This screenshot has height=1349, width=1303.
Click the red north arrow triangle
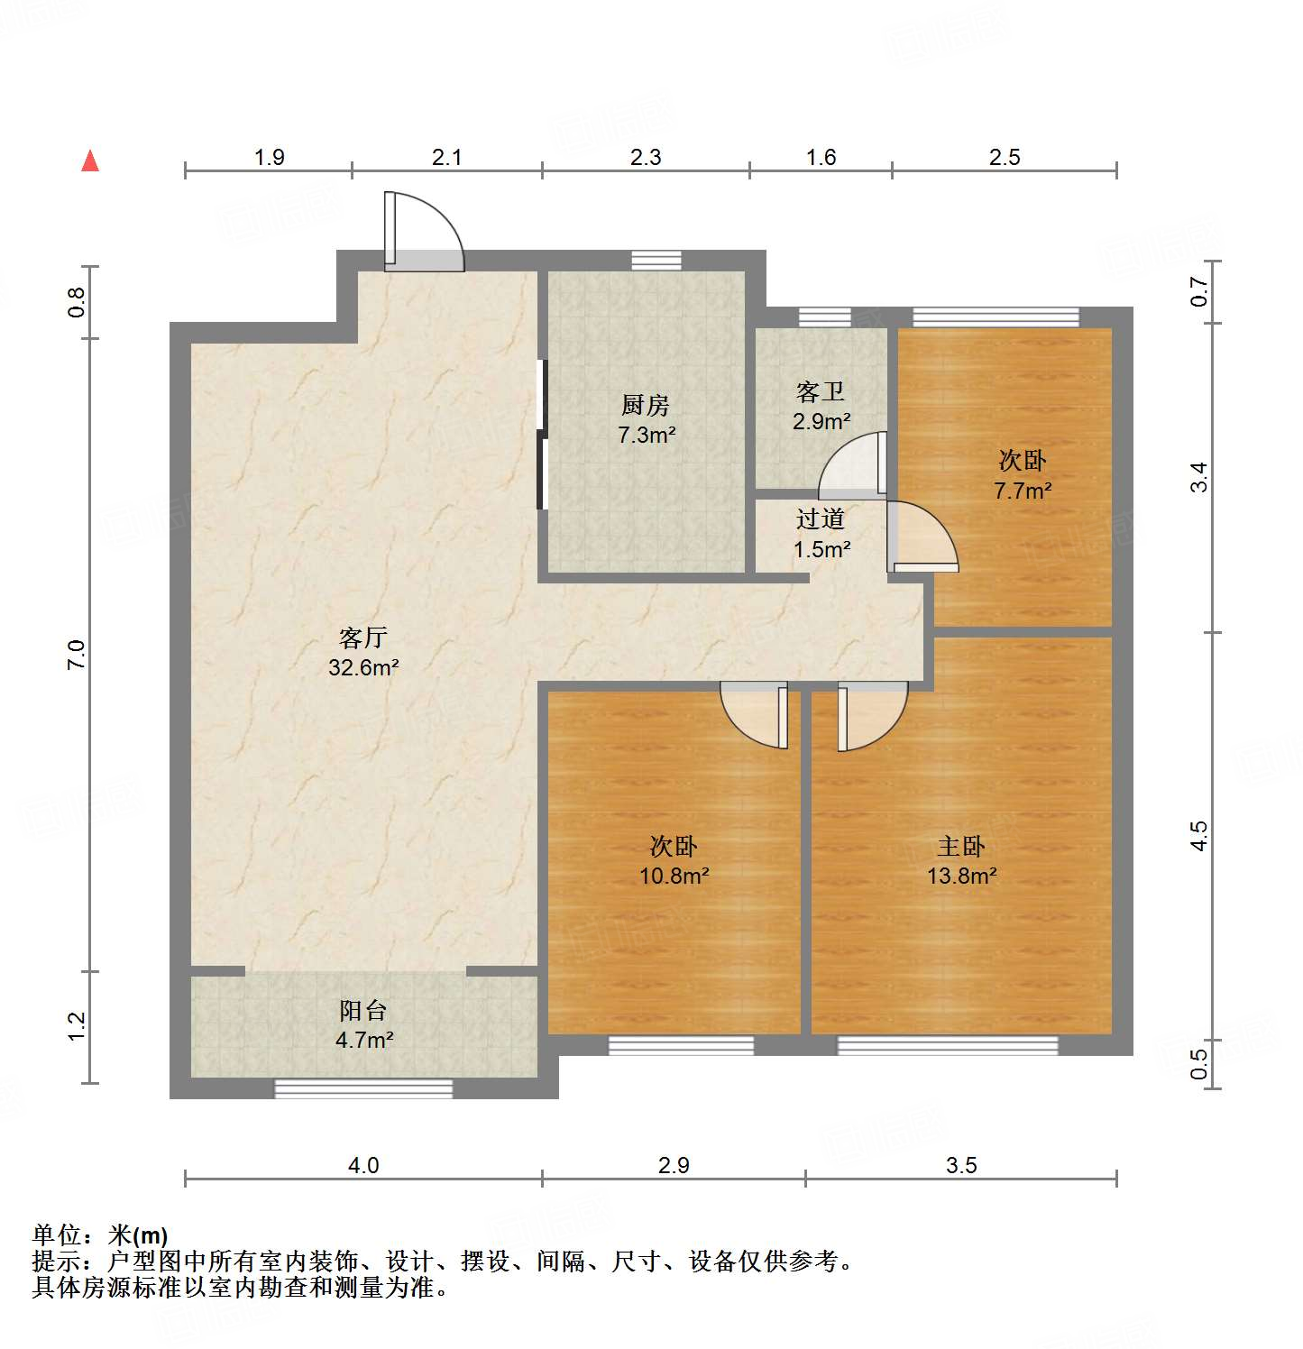click(x=90, y=161)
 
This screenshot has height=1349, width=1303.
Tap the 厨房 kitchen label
click(x=646, y=406)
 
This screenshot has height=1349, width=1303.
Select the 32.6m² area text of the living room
click(x=363, y=668)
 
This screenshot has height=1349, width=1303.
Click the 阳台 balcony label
click(x=363, y=1011)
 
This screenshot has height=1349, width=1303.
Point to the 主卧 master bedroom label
click(x=961, y=847)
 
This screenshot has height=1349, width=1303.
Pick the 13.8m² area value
click(x=961, y=876)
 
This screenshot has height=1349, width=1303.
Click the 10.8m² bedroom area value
click(x=674, y=876)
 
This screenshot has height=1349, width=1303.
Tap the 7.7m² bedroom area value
click(x=1023, y=491)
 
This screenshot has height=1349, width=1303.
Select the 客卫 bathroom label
click(x=821, y=392)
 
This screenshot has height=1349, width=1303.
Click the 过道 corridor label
click(x=821, y=519)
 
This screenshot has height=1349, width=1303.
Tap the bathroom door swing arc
click(x=851, y=466)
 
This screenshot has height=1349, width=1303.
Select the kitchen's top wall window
click(x=656, y=261)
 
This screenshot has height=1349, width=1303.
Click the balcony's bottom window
click(x=363, y=1088)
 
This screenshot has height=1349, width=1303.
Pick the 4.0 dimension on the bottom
click(x=363, y=1165)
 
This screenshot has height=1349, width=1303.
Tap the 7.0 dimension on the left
click(x=77, y=654)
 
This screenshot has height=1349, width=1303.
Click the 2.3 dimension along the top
click(x=646, y=158)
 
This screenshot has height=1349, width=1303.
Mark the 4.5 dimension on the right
click(x=1198, y=835)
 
